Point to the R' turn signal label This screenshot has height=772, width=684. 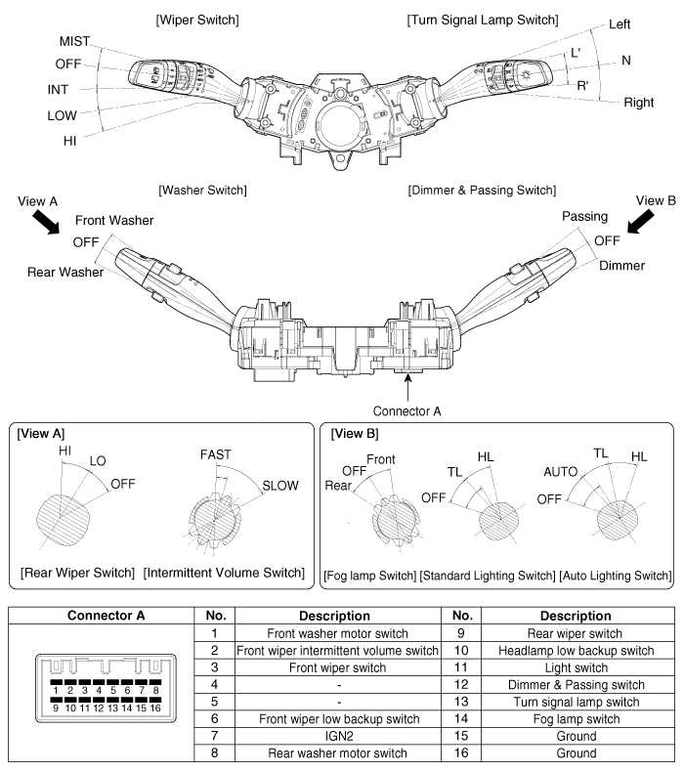pyautogui.click(x=582, y=86)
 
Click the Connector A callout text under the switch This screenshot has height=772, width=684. pyautogui.click(x=408, y=410)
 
